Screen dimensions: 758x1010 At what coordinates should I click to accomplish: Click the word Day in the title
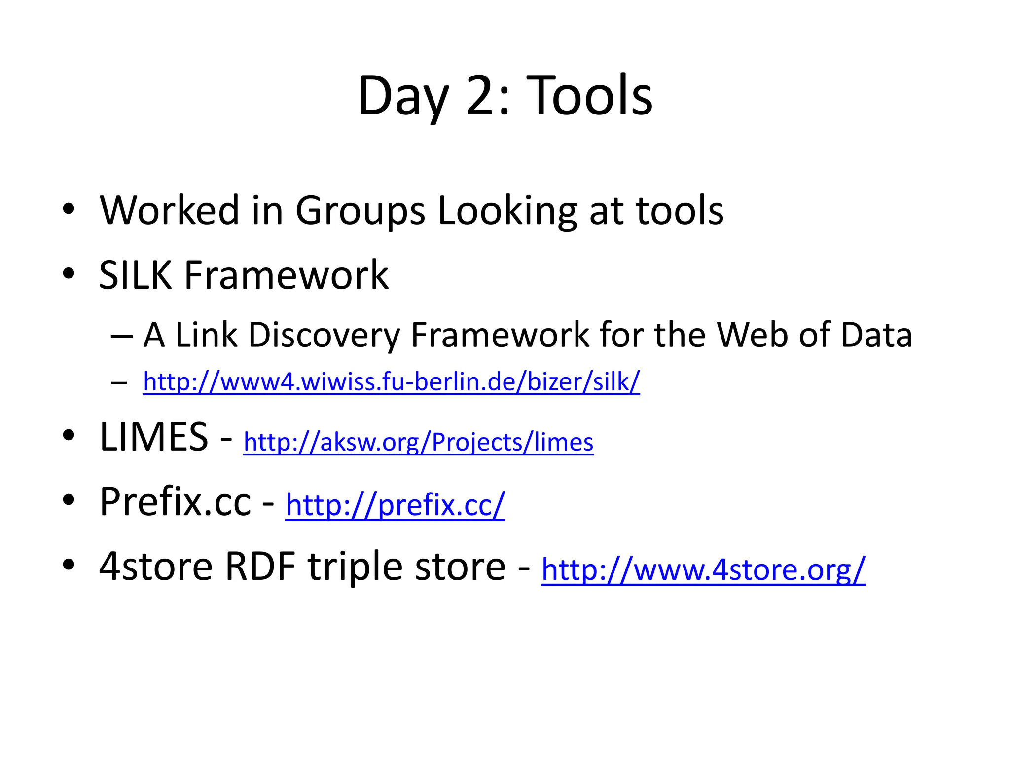pyautogui.click(x=403, y=97)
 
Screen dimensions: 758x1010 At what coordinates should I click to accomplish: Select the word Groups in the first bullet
pyautogui.click(x=360, y=211)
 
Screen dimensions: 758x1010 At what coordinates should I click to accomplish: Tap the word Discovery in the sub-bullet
pyautogui.click(x=324, y=336)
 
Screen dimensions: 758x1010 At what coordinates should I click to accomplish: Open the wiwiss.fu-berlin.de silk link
pyautogui.click(x=391, y=381)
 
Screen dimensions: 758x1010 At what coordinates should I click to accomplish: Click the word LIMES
pyautogui.click(x=154, y=437)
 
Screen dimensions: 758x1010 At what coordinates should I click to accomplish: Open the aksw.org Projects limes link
pyautogui.click(x=418, y=442)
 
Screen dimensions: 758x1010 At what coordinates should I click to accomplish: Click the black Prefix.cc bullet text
pyautogui.click(x=175, y=501)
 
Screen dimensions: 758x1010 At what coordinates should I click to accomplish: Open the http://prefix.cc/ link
pyautogui.click(x=395, y=505)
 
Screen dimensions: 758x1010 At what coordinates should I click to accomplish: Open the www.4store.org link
pyautogui.click(x=703, y=569)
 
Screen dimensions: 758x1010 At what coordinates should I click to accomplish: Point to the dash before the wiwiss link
pyautogui.click(x=119, y=382)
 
